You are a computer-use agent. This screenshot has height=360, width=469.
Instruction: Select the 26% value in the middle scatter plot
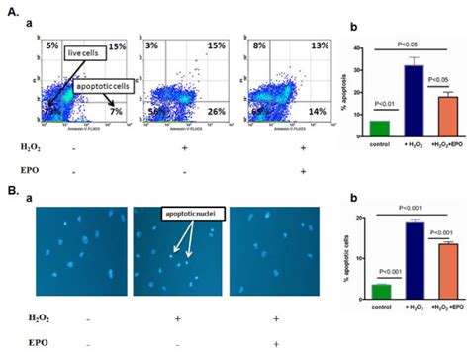click(x=201, y=111)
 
